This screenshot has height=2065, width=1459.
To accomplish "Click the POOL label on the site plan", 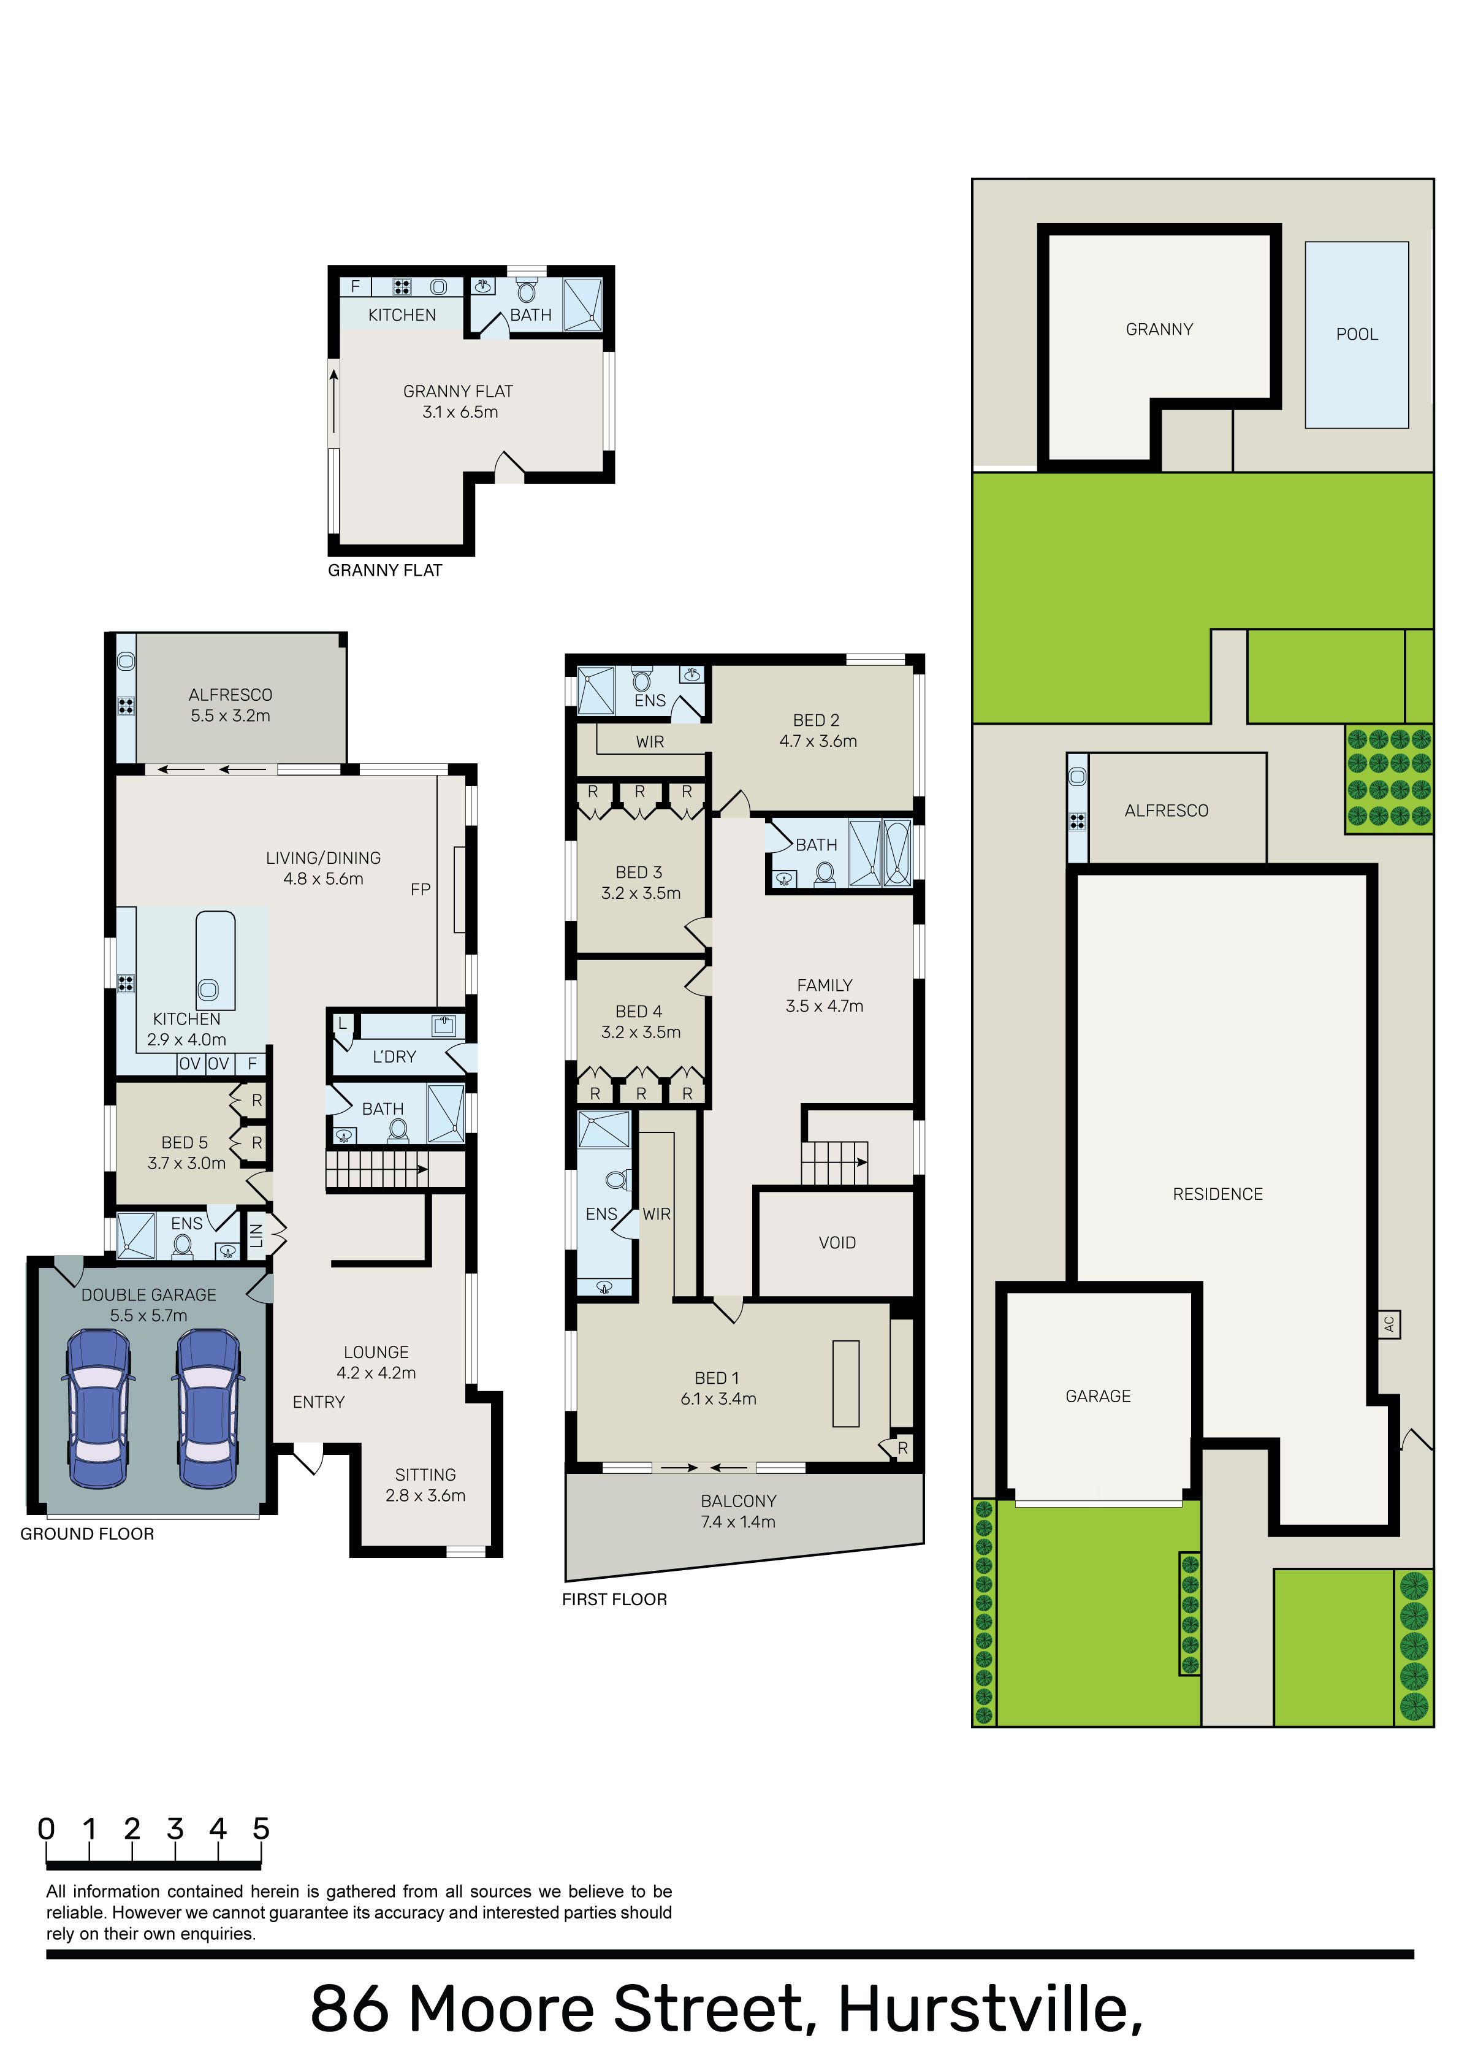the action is [1357, 335].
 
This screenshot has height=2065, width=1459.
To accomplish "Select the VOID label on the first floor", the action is [837, 1243].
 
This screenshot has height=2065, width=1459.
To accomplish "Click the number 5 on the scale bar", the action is [261, 1828].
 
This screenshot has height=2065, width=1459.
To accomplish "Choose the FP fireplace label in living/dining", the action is [420, 890].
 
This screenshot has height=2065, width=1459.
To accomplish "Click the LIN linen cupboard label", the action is [256, 1236].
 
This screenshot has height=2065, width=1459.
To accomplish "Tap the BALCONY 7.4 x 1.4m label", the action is [739, 1511].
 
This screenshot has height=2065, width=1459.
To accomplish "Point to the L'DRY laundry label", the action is [394, 1057].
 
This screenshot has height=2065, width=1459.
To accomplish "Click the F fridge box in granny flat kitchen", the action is [356, 286].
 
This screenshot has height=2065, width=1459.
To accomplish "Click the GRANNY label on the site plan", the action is [1159, 330].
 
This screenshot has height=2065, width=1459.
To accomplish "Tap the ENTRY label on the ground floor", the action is [318, 1402].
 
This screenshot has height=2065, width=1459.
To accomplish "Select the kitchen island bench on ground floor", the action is [216, 961].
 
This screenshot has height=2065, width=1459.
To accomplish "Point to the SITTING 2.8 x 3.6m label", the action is [425, 1485].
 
